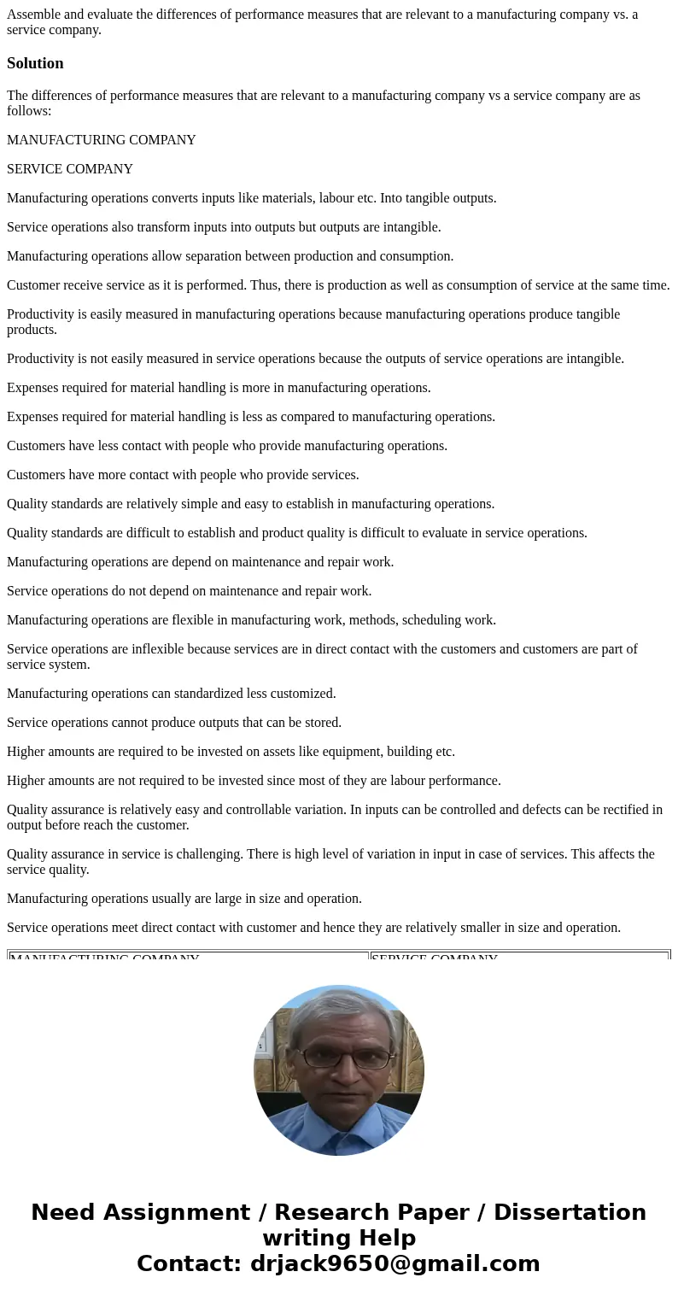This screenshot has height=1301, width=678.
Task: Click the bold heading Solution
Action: tap(35, 63)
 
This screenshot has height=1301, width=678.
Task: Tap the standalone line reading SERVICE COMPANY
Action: tap(70, 169)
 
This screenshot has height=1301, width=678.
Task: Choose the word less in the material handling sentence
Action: tap(256, 417)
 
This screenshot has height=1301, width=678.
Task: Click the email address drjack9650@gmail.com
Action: tap(395, 1264)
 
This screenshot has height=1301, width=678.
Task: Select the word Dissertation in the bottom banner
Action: tap(570, 1213)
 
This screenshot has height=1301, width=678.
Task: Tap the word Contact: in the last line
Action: tap(190, 1264)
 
